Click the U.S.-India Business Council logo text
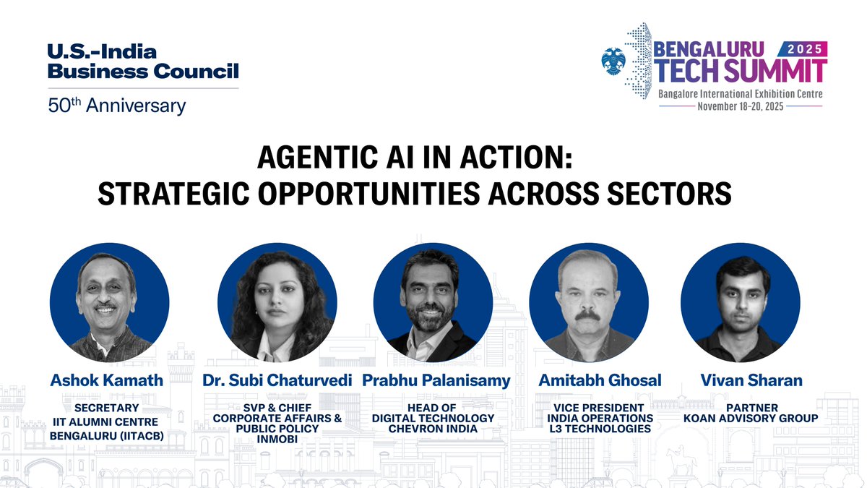tap(142, 61)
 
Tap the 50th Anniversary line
tap(116, 106)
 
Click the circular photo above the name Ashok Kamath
tap(109, 302)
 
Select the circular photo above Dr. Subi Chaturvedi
tap(277, 302)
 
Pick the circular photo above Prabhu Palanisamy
tap(433, 302)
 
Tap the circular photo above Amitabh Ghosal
tap(589, 302)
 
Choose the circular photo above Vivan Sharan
tap(741, 302)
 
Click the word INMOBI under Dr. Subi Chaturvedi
tap(277, 438)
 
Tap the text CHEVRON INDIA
tap(433, 429)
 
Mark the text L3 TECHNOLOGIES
tap(600, 429)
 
